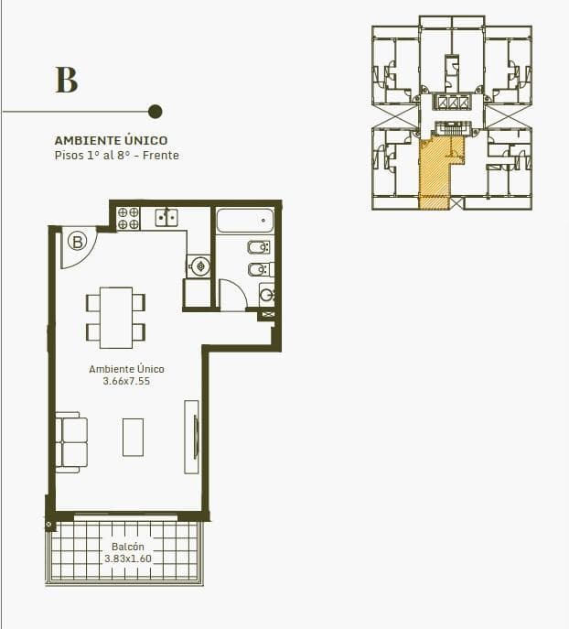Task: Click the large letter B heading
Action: pyautogui.click(x=67, y=80)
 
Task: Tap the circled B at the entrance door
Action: pyautogui.click(x=78, y=242)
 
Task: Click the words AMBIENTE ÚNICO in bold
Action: pyautogui.click(x=111, y=140)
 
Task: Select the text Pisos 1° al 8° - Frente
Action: pyautogui.click(x=116, y=156)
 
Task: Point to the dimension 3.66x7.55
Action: pyautogui.click(x=126, y=381)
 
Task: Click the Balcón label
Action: pyautogui.click(x=128, y=547)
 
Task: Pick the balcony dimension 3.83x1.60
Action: pyautogui.click(x=128, y=559)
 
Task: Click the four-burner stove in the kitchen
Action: pyautogui.click(x=128, y=218)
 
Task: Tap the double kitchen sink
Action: pyautogui.click(x=166, y=217)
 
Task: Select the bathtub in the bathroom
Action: pyautogui.click(x=245, y=221)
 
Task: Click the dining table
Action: pyautogui.click(x=116, y=318)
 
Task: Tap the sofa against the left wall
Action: pyautogui.click(x=71, y=442)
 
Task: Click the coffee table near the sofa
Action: pyautogui.click(x=133, y=438)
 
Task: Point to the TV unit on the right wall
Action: pyautogui.click(x=191, y=437)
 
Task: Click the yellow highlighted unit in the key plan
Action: pyautogui.click(x=435, y=172)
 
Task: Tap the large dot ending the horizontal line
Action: pyautogui.click(x=156, y=112)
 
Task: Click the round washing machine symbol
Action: pyautogui.click(x=199, y=266)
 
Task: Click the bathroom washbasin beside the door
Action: pyautogui.click(x=267, y=295)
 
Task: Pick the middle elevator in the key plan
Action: pyautogui.click(x=453, y=103)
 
